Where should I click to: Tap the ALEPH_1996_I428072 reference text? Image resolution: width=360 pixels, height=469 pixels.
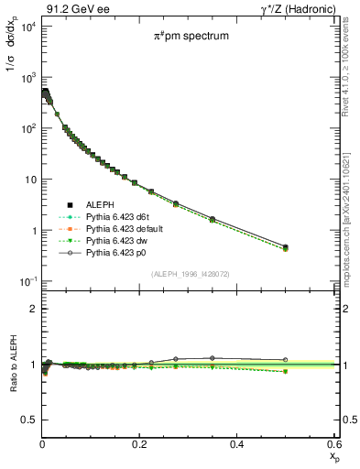(x=189, y=273)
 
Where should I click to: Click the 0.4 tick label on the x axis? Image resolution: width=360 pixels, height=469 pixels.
(x=236, y=443)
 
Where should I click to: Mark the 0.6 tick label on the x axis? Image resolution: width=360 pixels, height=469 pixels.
(x=334, y=443)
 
